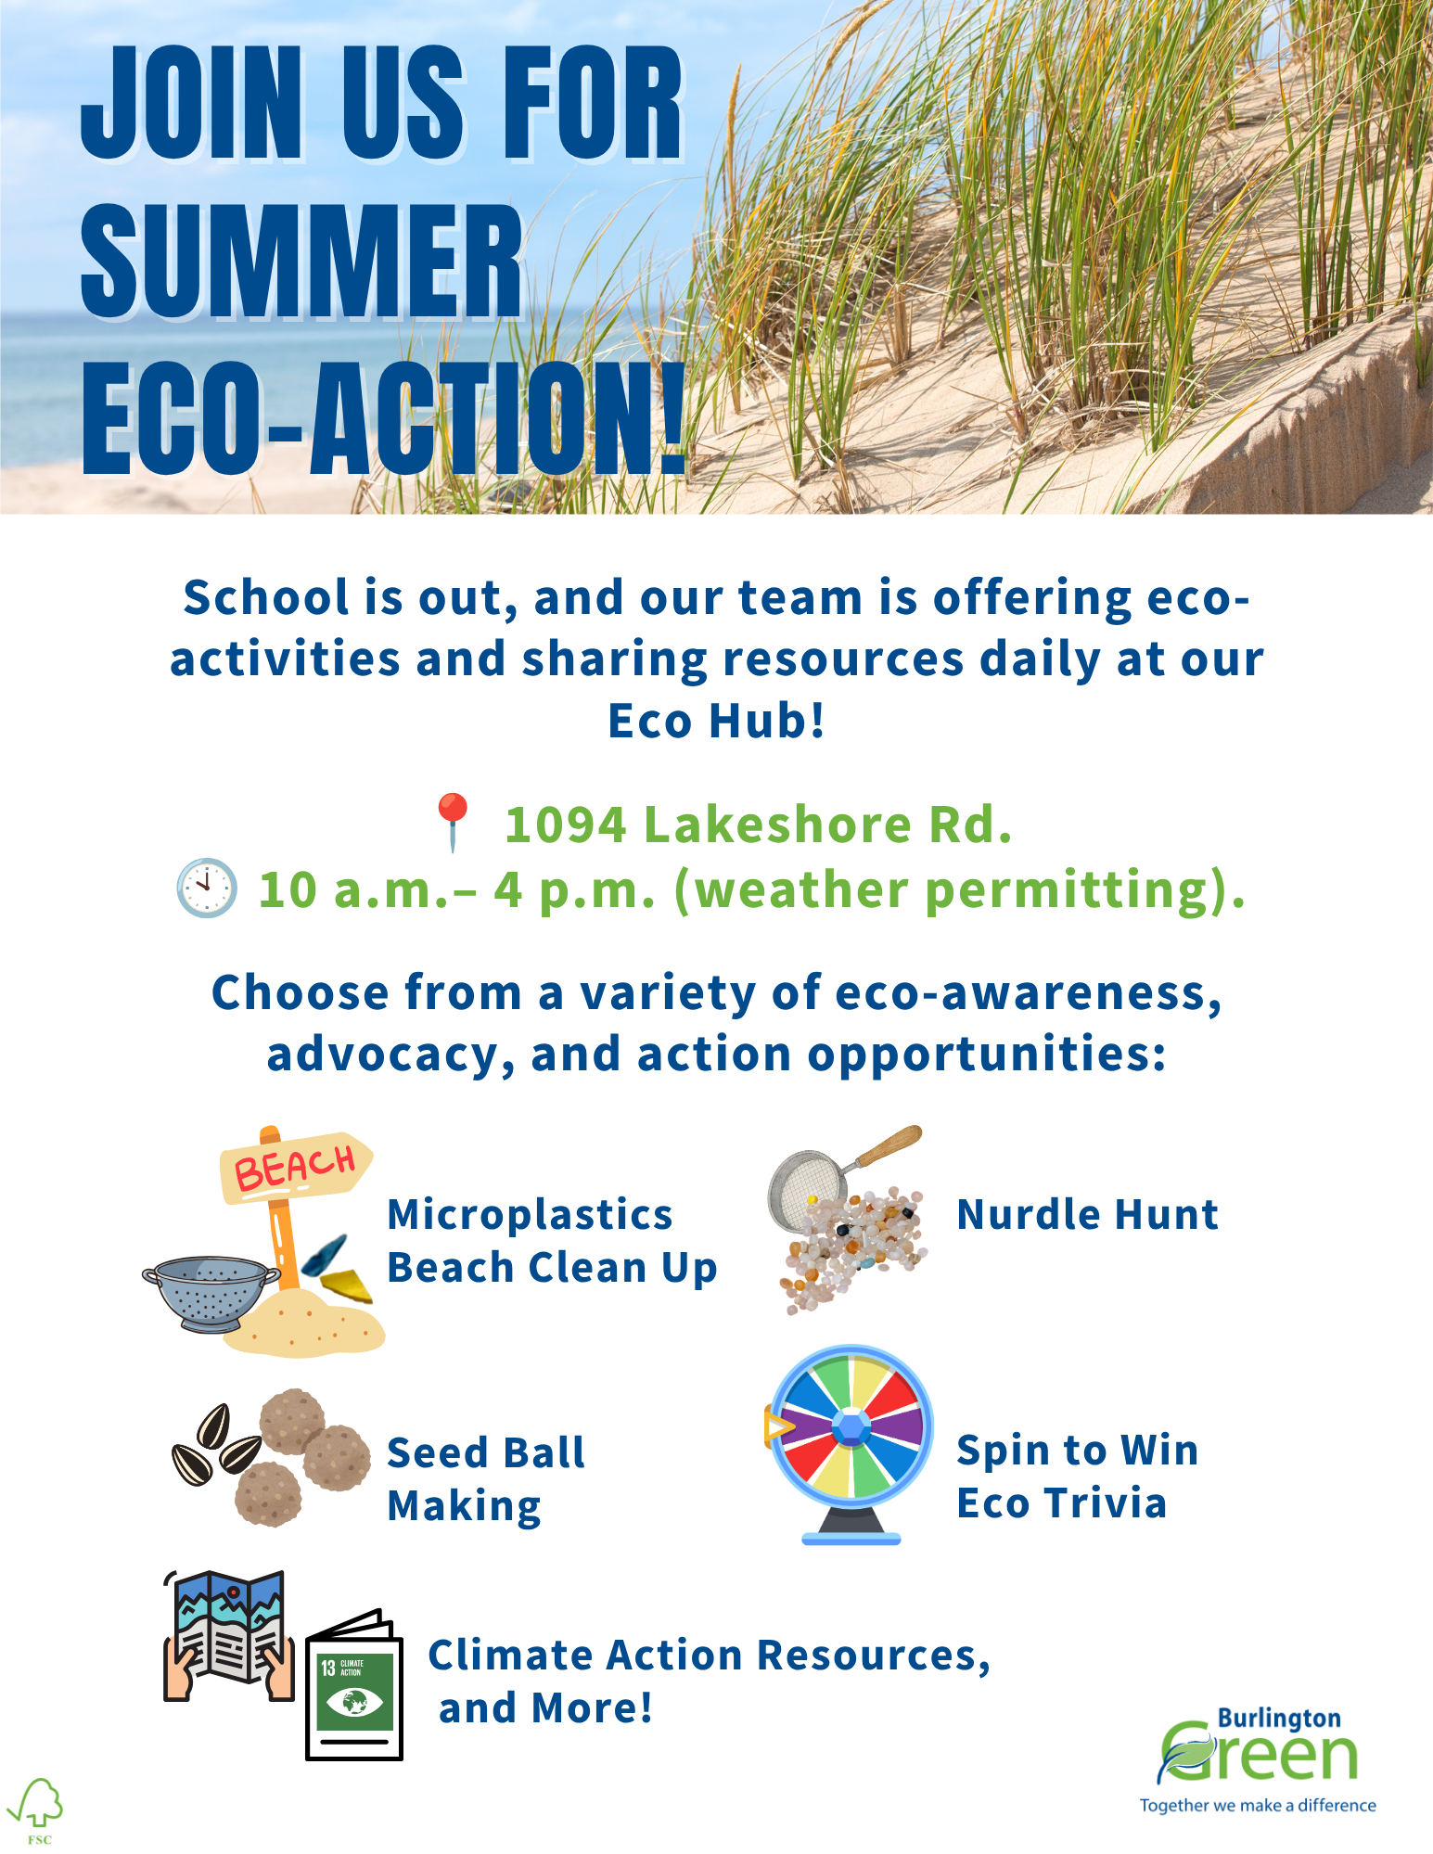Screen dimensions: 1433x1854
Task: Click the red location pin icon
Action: click(453, 822)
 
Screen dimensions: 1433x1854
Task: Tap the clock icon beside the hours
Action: click(207, 888)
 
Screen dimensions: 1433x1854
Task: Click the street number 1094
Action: click(566, 824)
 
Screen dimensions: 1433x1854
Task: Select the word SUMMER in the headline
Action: click(302, 260)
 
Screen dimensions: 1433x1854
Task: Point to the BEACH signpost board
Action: click(296, 1166)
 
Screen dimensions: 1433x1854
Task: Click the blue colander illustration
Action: click(211, 1292)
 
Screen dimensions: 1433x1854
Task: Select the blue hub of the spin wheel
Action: click(851, 1427)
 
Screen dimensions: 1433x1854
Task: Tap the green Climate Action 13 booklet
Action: click(354, 1684)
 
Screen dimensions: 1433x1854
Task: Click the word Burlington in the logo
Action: click(1279, 1719)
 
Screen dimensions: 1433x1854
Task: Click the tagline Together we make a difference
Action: click(1258, 1805)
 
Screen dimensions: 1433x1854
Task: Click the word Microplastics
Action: click(530, 1216)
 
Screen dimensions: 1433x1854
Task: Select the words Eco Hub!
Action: click(716, 721)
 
